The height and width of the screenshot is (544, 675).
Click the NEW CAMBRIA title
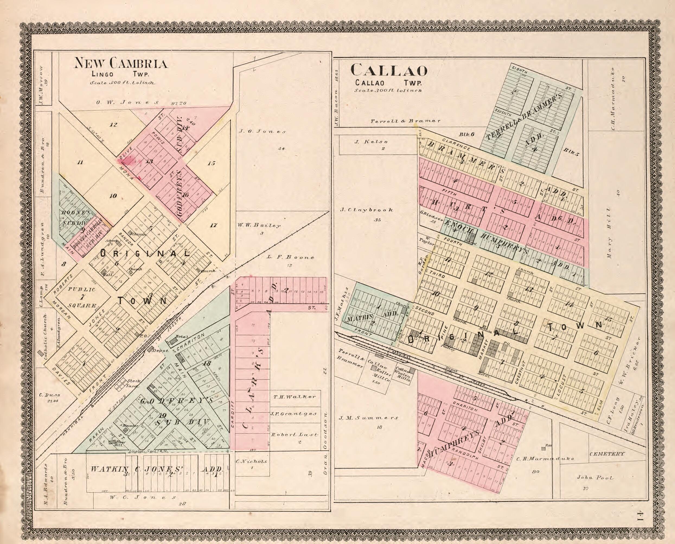click(120, 63)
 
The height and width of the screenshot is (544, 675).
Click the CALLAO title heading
click(389, 70)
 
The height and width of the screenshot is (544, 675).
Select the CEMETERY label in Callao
click(607, 454)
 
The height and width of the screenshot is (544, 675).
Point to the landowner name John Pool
click(595, 478)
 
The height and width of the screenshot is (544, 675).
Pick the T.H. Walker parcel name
click(294, 397)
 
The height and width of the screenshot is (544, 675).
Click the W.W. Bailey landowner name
click(259, 225)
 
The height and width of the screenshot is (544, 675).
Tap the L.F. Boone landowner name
click(290, 257)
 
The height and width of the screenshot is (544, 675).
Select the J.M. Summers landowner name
click(369, 418)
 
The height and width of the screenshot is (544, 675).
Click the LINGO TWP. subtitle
click(120, 74)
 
